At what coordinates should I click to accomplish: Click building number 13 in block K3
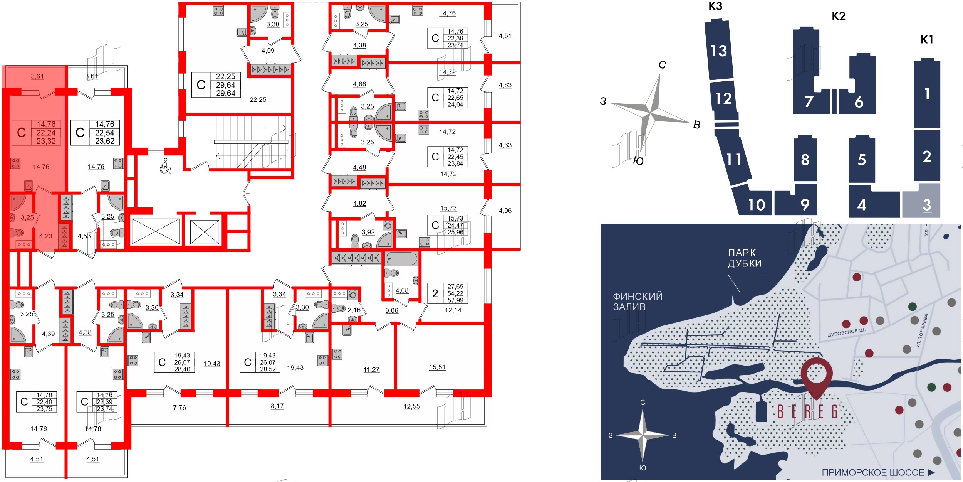(718, 51)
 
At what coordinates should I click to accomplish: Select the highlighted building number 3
(927, 205)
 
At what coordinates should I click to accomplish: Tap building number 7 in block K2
(809, 102)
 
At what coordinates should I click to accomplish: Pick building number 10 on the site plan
(757, 205)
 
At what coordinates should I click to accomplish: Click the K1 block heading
(927, 39)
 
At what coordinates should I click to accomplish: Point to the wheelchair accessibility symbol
(166, 166)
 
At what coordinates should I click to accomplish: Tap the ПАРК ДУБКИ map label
(745, 258)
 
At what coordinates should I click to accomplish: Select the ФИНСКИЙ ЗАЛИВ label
(638, 302)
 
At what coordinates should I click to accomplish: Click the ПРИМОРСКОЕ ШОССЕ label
(873, 472)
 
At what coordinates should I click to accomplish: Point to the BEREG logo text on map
(808, 412)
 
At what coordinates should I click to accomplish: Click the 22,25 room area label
(258, 100)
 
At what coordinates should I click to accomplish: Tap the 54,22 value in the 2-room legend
(455, 293)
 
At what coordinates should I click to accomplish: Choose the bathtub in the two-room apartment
(402, 258)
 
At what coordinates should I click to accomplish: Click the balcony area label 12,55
(411, 406)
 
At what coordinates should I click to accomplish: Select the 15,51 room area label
(437, 367)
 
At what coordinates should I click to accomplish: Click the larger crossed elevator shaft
(156, 231)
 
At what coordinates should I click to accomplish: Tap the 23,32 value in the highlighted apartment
(46, 141)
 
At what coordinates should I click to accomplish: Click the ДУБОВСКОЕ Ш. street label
(846, 332)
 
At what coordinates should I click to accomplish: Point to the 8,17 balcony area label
(277, 406)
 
